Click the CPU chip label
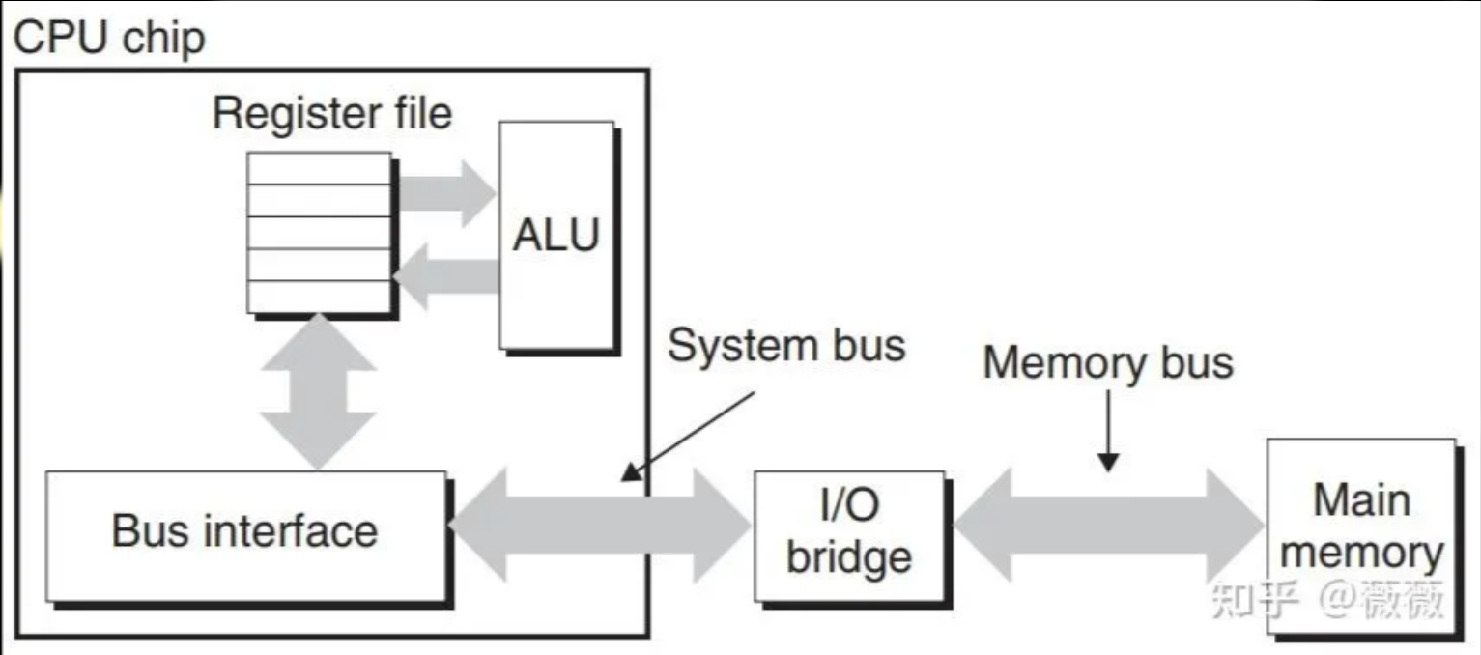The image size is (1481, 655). [x=108, y=39]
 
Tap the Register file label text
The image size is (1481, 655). [x=331, y=113]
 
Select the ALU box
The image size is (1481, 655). [x=555, y=235]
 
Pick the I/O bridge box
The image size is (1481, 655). [x=848, y=534]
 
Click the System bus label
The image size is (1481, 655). [x=786, y=345]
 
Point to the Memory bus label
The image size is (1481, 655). [x=1107, y=362]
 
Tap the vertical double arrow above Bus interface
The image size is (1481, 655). [x=317, y=391]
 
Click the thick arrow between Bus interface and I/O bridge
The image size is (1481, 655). [x=599, y=525]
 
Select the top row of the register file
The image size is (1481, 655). [x=319, y=168]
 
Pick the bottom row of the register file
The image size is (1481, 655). [x=319, y=297]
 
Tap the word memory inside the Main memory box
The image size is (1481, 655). [x=1360, y=554]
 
